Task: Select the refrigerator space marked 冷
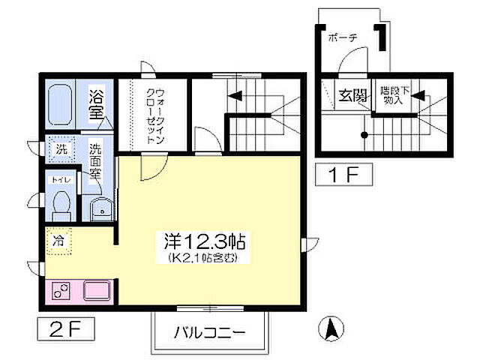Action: click(x=59, y=241)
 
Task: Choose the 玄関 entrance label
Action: click(x=352, y=96)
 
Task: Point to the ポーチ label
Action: click(x=342, y=37)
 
